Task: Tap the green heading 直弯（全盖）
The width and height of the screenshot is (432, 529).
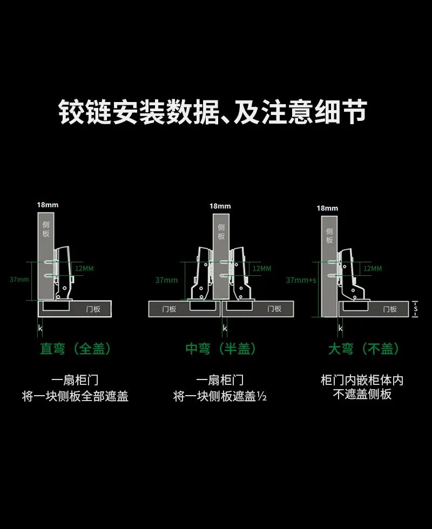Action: (76, 349)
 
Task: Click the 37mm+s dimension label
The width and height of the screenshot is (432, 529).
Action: (301, 280)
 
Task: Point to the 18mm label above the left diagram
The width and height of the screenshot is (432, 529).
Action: (48, 205)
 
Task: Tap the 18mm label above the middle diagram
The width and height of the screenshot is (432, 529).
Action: (220, 206)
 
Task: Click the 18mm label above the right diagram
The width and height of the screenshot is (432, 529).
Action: (327, 208)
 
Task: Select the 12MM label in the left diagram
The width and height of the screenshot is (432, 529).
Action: (84, 269)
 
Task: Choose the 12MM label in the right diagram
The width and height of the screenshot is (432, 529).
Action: (372, 268)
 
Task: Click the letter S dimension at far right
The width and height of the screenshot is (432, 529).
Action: (416, 309)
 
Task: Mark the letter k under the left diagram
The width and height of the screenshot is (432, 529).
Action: (40, 328)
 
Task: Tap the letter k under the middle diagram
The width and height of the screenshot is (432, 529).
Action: (225, 328)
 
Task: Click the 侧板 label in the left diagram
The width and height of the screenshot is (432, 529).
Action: (46, 228)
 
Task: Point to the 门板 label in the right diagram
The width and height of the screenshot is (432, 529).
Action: (390, 309)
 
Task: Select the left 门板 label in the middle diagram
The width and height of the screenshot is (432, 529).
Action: (169, 309)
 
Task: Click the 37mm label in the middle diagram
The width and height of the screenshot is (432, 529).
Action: (166, 280)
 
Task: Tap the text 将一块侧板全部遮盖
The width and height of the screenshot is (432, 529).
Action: (75, 397)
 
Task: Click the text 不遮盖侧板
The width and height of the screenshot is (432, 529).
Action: (362, 395)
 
